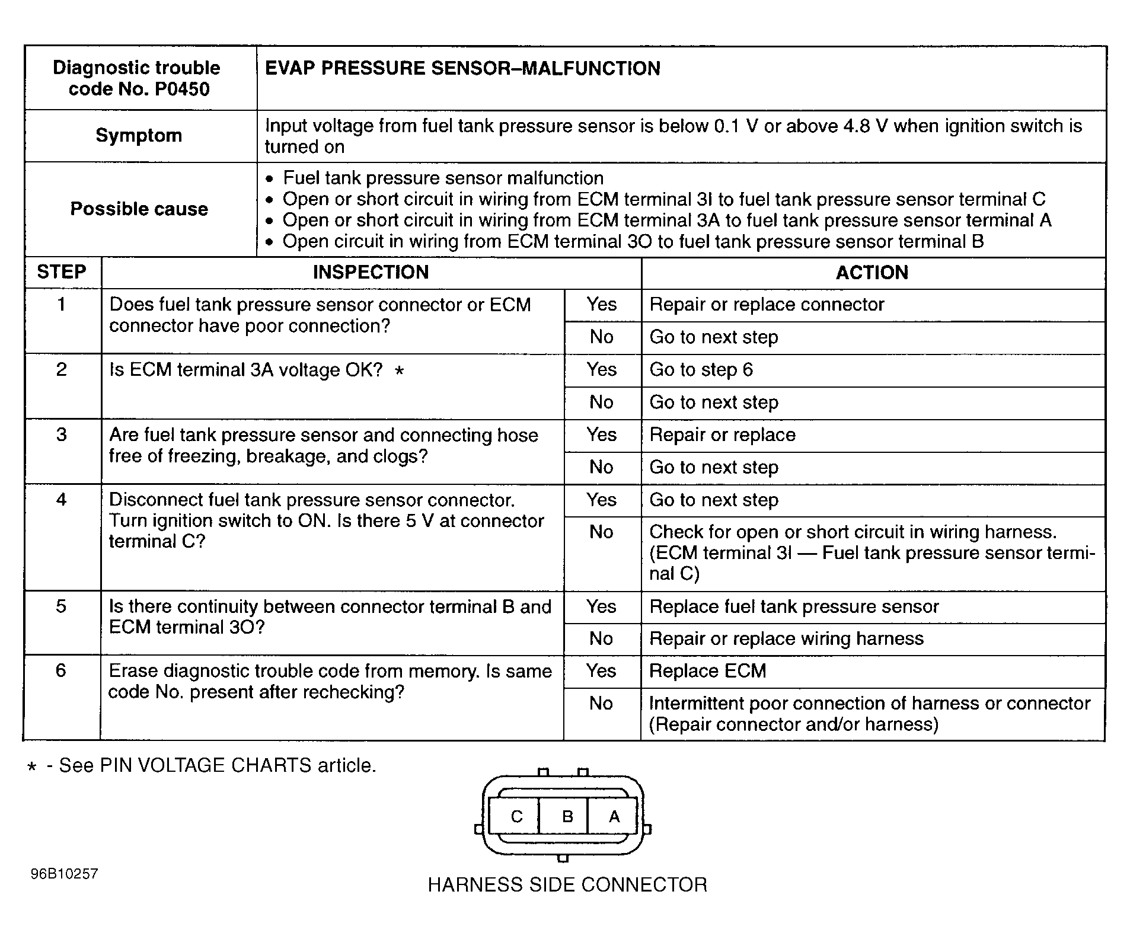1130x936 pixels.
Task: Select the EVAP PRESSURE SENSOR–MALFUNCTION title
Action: tap(462, 69)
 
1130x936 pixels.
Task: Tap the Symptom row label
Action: tap(139, 136)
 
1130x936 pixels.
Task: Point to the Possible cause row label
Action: tap(139, 209)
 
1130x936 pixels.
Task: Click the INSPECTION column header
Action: tap(371, 273)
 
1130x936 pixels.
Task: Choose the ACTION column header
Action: tap(872, 273)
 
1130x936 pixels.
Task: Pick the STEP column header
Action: tap(62, 273)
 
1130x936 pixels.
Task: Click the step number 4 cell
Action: tap(62, 500)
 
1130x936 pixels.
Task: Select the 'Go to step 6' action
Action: tap(701, 370)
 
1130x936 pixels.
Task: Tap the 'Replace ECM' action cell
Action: tap(708, 671)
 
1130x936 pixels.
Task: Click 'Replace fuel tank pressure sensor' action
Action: tap(794, 607)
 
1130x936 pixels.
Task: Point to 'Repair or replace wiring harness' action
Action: tap(786, 639)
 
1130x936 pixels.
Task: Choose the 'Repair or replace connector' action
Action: tap(767, 305)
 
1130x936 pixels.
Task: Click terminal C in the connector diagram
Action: tap(516, 817)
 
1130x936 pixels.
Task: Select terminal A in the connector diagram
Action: tap(614, 817)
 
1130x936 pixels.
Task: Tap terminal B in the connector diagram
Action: tap(567, 817)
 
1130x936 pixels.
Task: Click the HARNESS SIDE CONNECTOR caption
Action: tap(567, 885)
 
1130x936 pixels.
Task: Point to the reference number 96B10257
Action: tap(65, 874)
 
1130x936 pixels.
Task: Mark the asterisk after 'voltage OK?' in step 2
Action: tap(400, 372)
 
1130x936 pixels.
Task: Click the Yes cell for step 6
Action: tap(601, 671)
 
